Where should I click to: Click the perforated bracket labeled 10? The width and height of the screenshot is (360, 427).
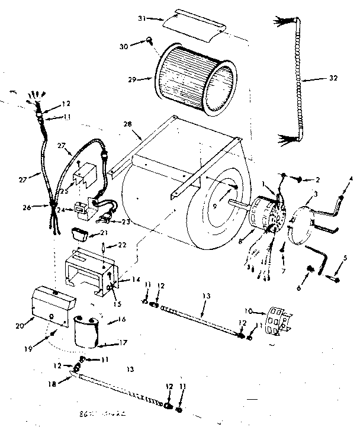pyautogui.click(x=274, y=322)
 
